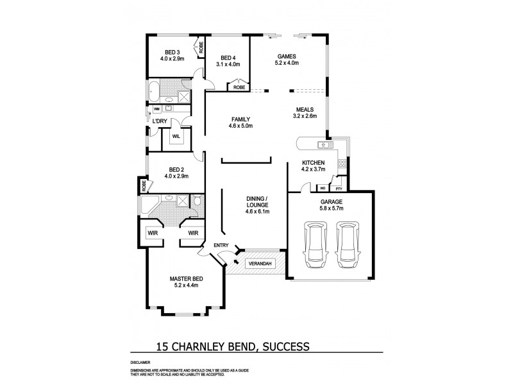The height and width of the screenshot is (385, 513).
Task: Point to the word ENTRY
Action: [212, 246]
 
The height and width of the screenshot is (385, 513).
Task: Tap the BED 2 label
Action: [173, 171]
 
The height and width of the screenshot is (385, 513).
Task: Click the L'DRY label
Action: [160, 121]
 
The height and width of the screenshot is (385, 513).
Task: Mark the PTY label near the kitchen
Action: [337, 189]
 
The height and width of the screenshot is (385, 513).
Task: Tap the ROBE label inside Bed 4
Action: [240, 87]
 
